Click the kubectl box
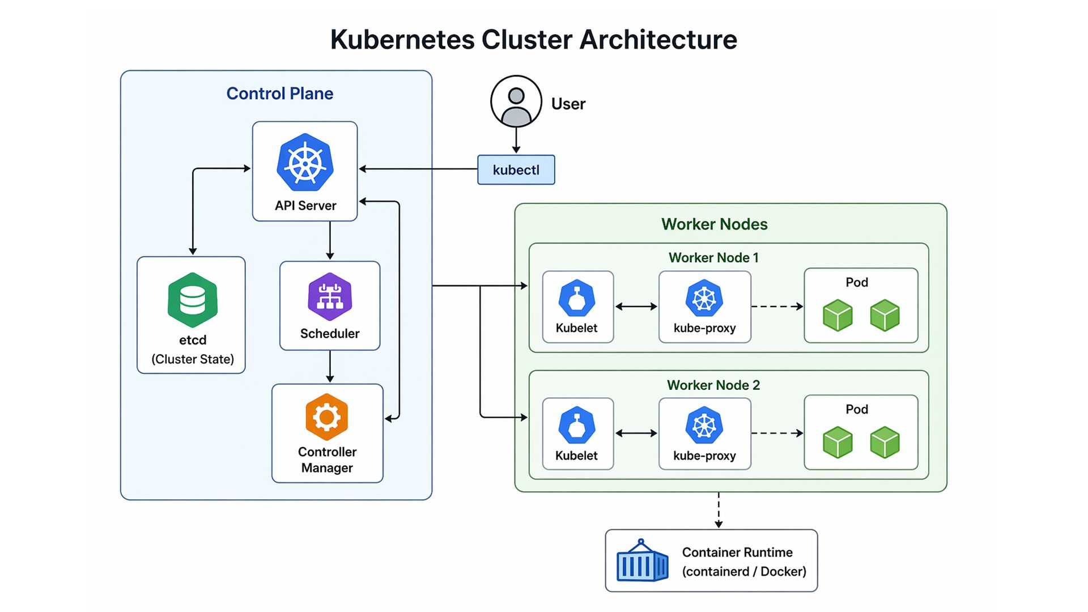coord(516,170)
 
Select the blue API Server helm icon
coord(305,163)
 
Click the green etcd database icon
coord(193,300)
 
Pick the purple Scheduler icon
coord(330,296)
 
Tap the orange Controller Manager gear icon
coord(327,417)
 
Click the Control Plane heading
coord(279,93)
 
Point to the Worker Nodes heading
coord(714,224)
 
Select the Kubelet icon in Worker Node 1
coord(577,298)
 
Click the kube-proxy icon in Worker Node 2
coord(704,425)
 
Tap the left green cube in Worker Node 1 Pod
coord(838,315)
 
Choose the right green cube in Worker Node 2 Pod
coord(885,442)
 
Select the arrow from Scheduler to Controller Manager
coord(330,366)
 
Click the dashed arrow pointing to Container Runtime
coord(719,510)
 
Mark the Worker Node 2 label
coord(713,385)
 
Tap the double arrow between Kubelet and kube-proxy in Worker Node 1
coord(636,307)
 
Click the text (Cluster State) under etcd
coord(193,359)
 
